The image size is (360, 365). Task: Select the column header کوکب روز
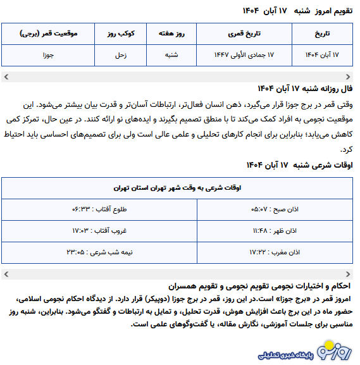(120, 34)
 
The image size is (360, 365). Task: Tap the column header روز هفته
(171, 34)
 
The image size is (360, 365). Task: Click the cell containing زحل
(120, 55)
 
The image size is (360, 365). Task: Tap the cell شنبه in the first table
(171, 55)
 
